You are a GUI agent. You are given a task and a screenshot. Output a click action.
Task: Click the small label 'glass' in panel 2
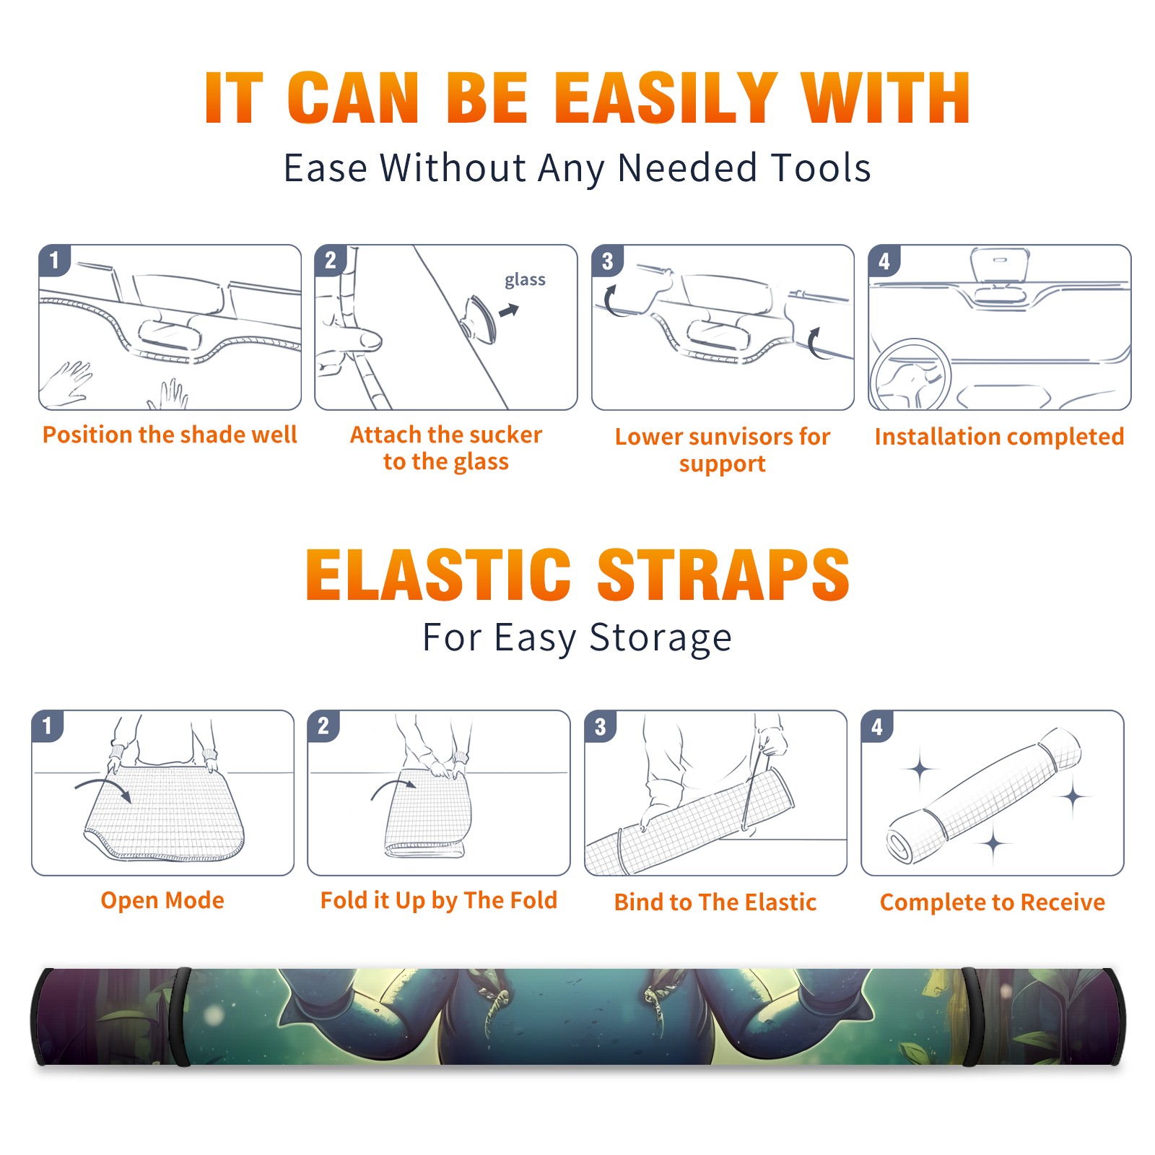525,280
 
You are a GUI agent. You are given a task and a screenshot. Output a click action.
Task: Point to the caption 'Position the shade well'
170,435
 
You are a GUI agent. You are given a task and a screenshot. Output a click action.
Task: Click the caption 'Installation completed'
999,437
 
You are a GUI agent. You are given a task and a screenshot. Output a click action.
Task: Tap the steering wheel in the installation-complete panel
910,375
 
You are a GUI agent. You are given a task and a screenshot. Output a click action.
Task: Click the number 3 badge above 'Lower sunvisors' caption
607,261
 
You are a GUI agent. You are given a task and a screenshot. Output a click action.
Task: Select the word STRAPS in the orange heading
723,575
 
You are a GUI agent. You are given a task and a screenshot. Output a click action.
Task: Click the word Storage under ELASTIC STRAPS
661,638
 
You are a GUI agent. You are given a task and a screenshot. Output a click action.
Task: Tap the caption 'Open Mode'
162,900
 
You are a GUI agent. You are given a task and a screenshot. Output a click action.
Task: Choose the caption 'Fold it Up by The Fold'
439,901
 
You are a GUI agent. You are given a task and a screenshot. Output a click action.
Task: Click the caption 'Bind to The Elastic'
715,902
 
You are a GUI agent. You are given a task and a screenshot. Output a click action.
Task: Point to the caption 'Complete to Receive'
993,902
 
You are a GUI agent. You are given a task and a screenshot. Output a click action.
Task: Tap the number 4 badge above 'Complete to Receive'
877,727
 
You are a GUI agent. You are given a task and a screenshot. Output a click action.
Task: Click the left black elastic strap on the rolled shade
182,1016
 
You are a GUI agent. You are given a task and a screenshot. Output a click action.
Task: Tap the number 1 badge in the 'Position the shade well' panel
54,260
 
